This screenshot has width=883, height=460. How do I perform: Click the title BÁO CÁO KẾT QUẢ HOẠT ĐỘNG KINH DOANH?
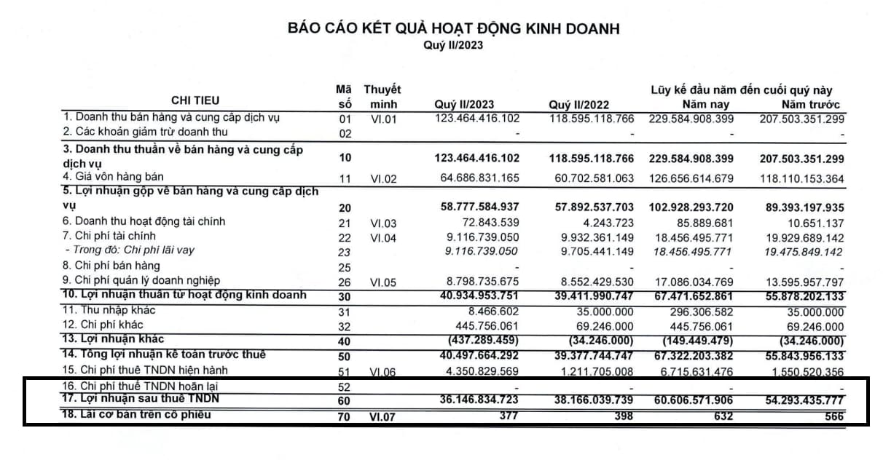453,29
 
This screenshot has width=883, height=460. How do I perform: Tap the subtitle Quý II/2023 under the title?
453,45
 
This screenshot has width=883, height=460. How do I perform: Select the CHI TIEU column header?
195,100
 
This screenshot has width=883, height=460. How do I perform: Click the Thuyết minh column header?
382,97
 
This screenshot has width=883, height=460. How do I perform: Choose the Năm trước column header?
810,105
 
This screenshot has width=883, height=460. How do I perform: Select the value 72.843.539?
489,222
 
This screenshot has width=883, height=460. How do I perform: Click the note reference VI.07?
382,416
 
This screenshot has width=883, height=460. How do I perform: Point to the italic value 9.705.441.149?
592,251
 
